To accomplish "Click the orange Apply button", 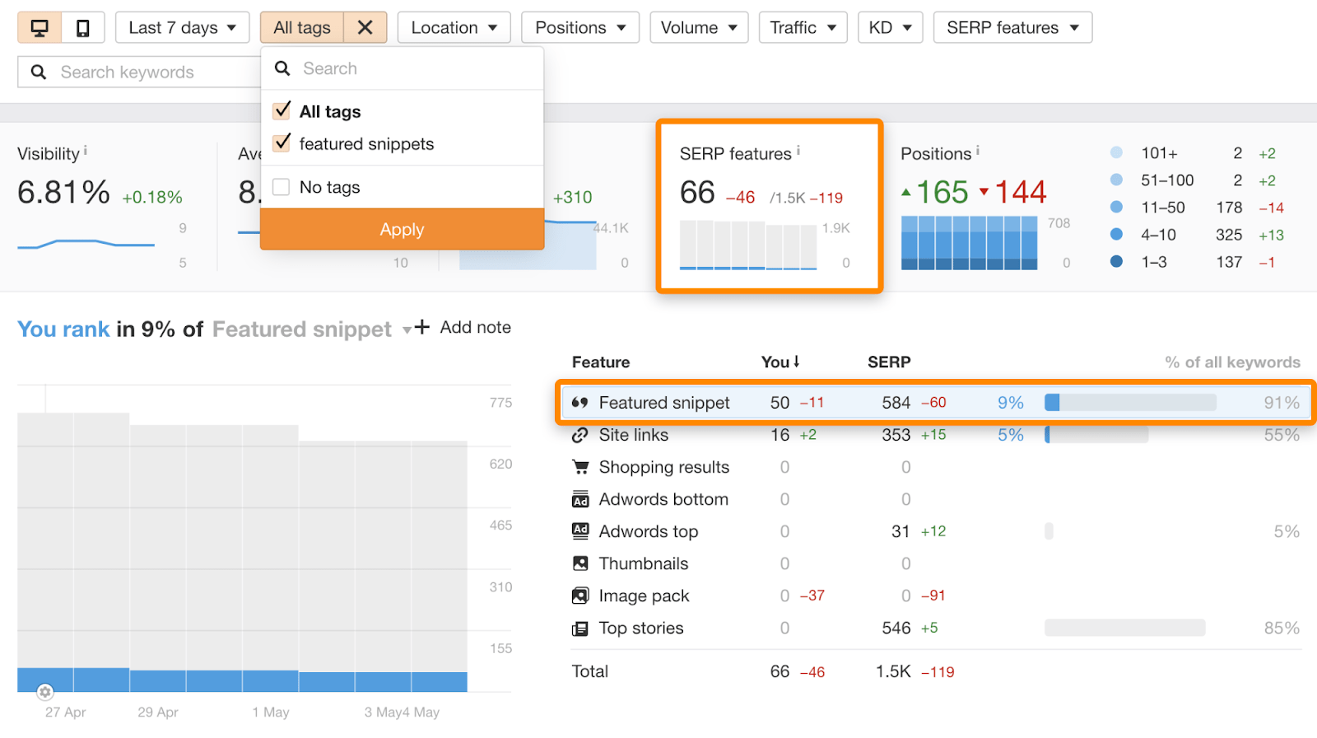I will pyautogui.click(x=402, y=230).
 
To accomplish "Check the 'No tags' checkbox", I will pyautogui.click(x=282, y=187).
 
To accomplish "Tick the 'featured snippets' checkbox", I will pyautogui.click(x=282, y=143).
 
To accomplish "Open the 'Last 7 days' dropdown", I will pyautogui.click(x=182, y=28).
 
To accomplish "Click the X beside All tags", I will pyautogui.click(x=365, y=28).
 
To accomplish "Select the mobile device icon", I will pyautogui.click(x=83, y=28).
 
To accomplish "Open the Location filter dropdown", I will pyautogui.click(x=454, y=28).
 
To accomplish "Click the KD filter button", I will pyautogui.click(x=890, y=28).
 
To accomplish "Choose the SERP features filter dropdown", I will pyautogui.click(x=1012, y=28).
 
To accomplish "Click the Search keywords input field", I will pyautogui.click(x=148, y=72).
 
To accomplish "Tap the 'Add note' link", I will pyautogui.click(x=474, y=328).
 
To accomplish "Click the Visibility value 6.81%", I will pyautogui.click(x=63, y=193).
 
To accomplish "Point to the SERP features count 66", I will pyautogui.click(x=697, y=193).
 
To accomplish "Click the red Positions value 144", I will pyautogui.click(x=1020, y=193).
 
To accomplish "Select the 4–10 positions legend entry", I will pyautogui.click(x=1158, y=235).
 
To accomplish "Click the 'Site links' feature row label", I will pyautogui.click(x=633, y=435).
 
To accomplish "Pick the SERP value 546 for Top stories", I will pyautogui.click(x=896, y=628).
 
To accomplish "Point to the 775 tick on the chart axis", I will pyautogui.click(x=500, y=403).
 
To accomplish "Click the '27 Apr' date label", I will pyautogui.click(x=65, y=712).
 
